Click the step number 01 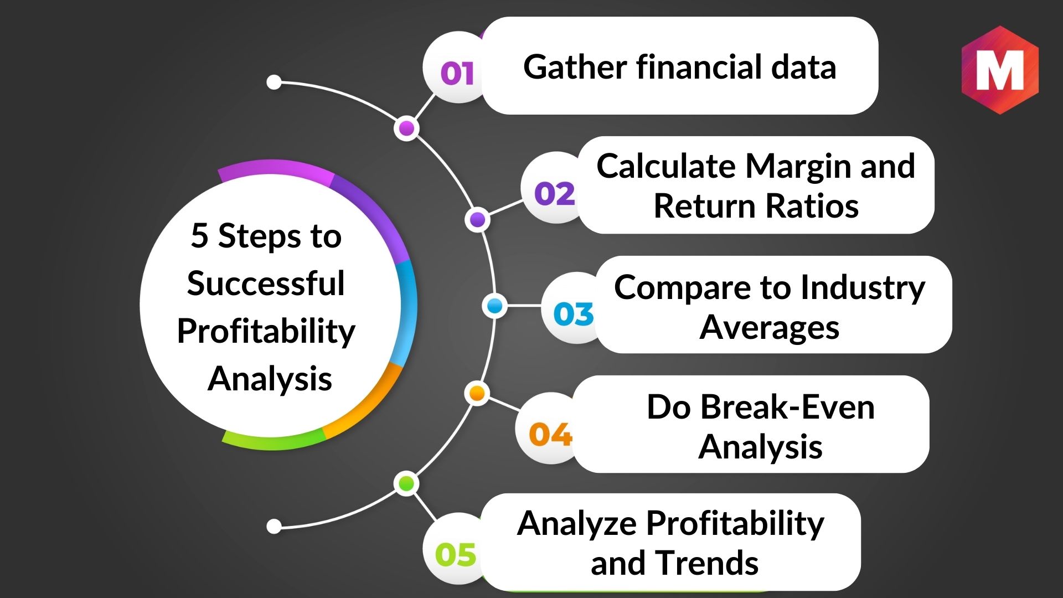tap(457, 73)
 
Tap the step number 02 tap(555, 194)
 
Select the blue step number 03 tap(574, 314)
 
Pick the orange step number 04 tap(550, 435)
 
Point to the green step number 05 tap(456, 554)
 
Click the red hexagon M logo tap(1000, 70)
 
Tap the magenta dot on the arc tap(406, 128)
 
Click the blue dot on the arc tap(494, 306)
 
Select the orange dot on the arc tap(477, 393)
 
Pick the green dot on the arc tap(406, 484)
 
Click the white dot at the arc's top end tap(274, 83)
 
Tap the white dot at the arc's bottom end tap(274, 526)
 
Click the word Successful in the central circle tap(266, 283)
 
